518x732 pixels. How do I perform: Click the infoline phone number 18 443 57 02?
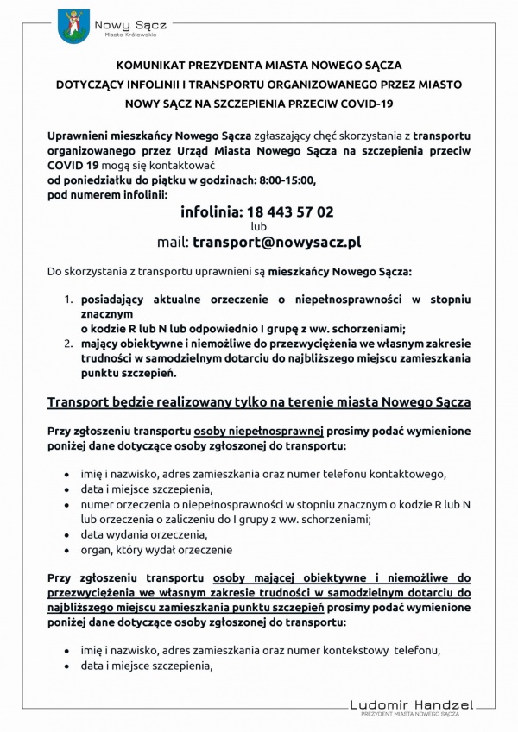pos(256,211)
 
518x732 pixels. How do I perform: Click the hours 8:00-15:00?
pos(281,180)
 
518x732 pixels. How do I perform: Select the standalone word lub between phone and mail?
pos(258,226)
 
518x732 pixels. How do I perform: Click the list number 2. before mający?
pos(70,343)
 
